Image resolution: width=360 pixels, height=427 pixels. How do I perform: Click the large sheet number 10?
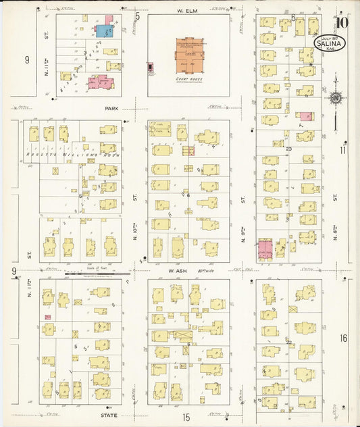pyautogui.click(x=342, y=22)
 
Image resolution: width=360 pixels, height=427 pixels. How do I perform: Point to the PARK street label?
pyautogui.click(x=111, y=107)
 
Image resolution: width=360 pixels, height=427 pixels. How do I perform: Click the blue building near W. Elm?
pyautogui.click(x=104, y=30)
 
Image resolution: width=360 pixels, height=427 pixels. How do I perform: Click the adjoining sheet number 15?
pyautogui.click(x=186, y=418)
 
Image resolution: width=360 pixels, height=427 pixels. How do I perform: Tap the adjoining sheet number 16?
pyautogui.click(x=344, y=338)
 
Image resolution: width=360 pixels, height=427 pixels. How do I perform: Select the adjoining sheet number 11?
pyautogui.click(x=343, y=150)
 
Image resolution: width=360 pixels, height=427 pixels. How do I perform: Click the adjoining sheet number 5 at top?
pyautogui.click(x=137, y=16)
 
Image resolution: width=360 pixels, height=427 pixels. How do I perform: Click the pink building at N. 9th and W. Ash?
pyautogui.click(x=265, y=249)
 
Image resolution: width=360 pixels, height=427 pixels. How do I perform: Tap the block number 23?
pyautogui.click(x=288, y=148)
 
